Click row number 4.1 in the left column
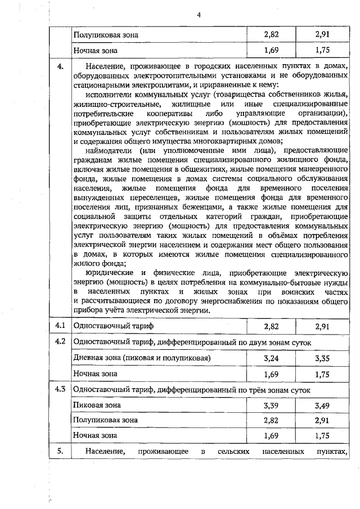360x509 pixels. tap(60, 326)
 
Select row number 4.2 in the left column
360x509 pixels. tap(60, 342)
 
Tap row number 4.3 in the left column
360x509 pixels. tap(60, 389)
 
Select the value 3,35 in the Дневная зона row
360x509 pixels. tap(322, 358)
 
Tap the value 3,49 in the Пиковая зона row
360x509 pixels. tap(322, 405)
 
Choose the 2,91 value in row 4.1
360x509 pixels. tap(322, 326)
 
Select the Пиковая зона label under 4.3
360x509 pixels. tap(97, 405)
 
